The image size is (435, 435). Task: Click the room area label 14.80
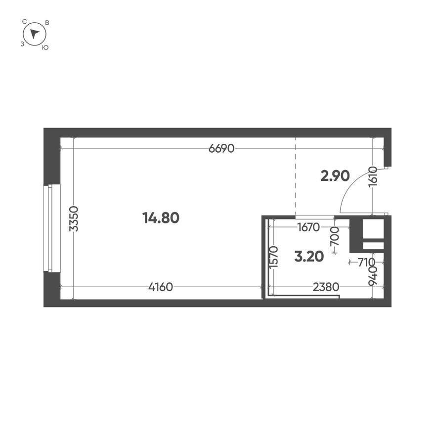pyautogui.click(x=160, y=217)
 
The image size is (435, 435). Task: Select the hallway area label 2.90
pyautogui.click(x=335, y=175)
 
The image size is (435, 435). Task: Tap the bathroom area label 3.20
pyautogui.click(x=308, y=256)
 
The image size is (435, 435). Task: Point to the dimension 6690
pyautogui.click(x=221, y=148)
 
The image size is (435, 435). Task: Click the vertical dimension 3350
pyautogui.click(x=73, y=219)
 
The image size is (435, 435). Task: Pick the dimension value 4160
pyautogui.click(x=160, y=287)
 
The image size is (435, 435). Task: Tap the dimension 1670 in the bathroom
pyautogui.click(x=309, y=227)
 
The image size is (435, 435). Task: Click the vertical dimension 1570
pyautogui.click(x=275, y=257)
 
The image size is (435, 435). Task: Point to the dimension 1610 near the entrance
pyautogui.click(x=373, y=178)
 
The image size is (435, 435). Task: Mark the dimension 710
pyautogui.click(x=366, y=262)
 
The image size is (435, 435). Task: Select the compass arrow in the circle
pyautogui.click(x=34, y=34)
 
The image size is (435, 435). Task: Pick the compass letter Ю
pyautogui.click(x=45, y=47)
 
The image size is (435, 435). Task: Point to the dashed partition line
pyautogui.click(x=296, y=178)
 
